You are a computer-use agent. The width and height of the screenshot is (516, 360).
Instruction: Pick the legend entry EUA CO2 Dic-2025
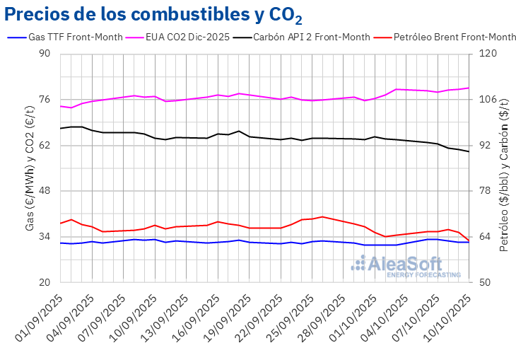tap(188, 37)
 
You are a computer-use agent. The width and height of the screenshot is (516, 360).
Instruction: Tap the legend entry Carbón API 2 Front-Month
tap(313, 37)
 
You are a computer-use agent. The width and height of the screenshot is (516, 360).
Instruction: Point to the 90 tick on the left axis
tap(45, 54)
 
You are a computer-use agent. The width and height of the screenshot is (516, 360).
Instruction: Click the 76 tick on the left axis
tap(45, 100)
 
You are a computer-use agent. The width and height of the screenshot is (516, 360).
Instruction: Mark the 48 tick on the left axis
tap(45, 191)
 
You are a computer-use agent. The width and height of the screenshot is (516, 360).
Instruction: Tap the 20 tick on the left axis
tap(45, 282)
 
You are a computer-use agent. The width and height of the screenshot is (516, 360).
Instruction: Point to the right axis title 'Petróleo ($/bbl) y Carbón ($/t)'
tap(504, 168)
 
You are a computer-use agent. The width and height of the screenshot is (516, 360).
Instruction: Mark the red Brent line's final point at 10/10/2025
tap(469, 241)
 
